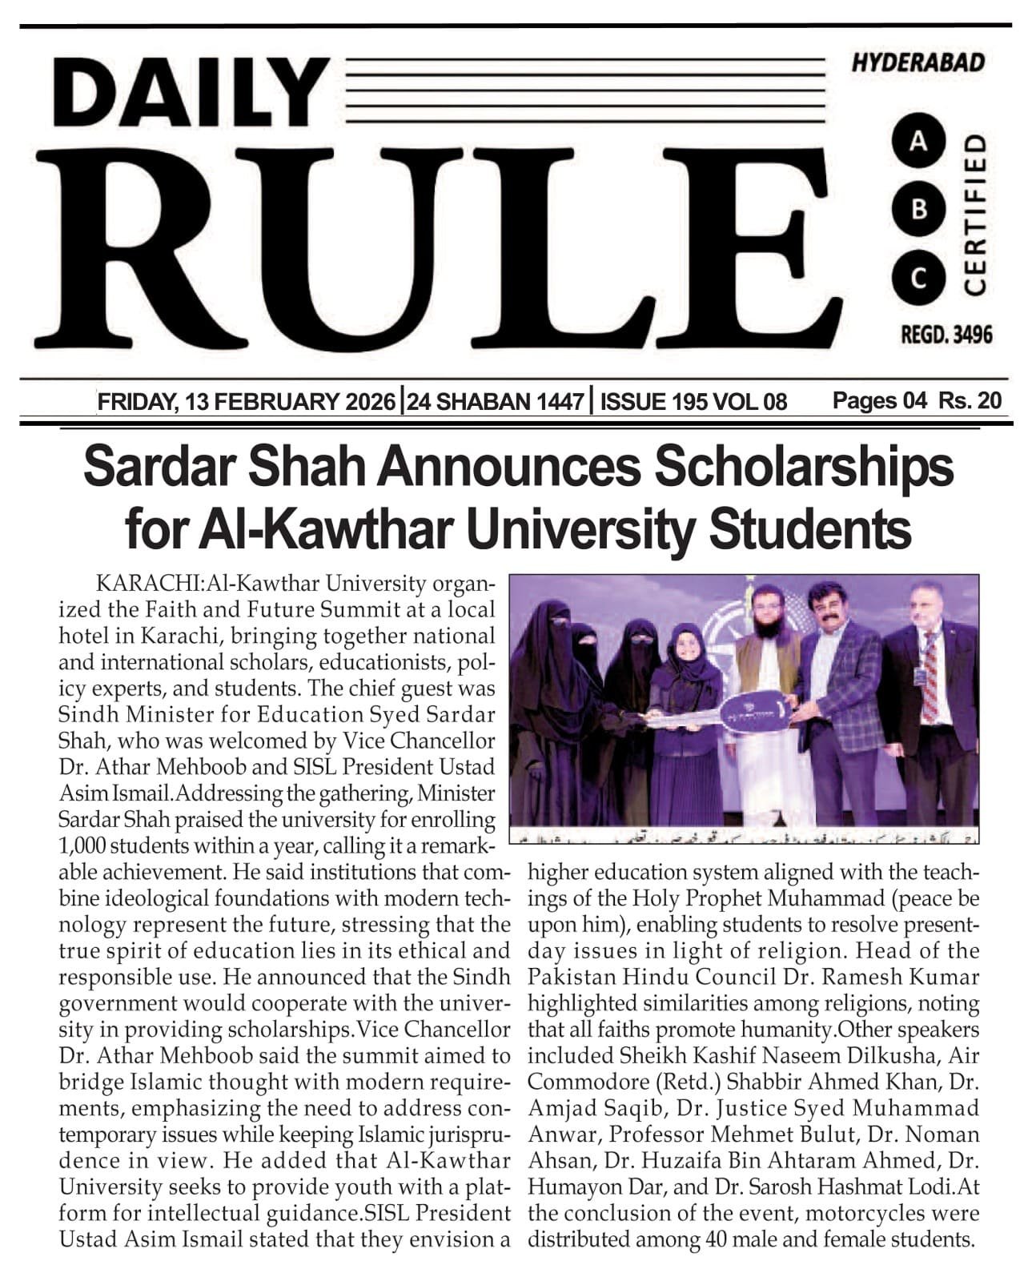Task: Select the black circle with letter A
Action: [919, 143]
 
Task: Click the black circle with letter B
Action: [919, 210]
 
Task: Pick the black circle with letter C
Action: [919, 278]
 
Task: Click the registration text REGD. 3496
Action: [946, 335]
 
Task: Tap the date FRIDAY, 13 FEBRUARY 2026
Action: [247, 401]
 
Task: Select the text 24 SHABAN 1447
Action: [495, 401]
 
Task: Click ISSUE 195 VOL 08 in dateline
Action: [693, 401]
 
